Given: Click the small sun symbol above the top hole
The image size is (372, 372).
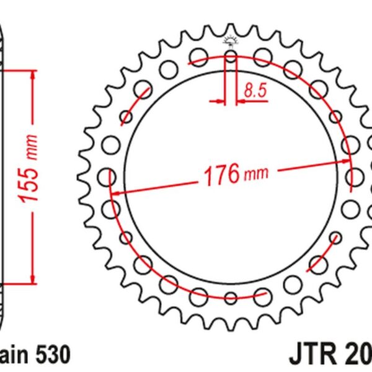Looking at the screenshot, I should (231, 42).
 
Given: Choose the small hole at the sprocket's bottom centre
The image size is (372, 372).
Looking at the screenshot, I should (231, 298).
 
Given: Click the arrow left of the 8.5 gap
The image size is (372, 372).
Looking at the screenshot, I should (219, 99).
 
